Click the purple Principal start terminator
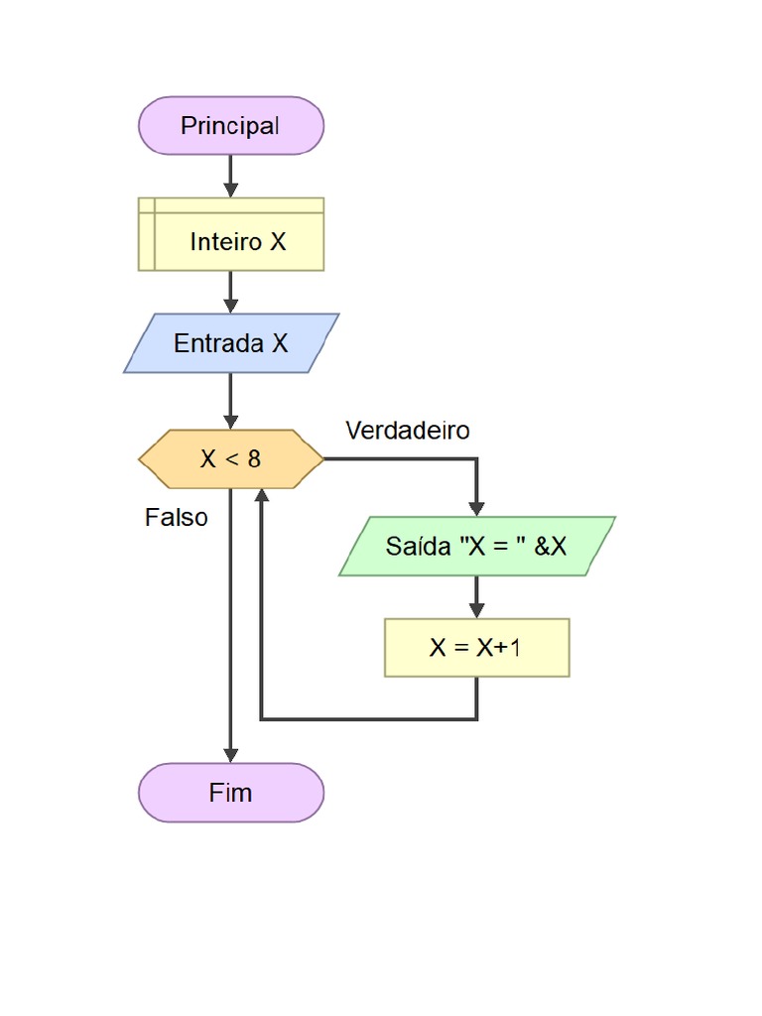point(231,126)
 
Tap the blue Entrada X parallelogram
point(231,343)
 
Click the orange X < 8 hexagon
point(231,459)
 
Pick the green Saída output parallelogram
point(477,546)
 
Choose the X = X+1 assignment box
point(477,648)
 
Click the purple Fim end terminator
point(231,793)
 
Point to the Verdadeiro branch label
point(408,431)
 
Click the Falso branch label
point(177,517)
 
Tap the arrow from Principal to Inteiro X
point(231,177)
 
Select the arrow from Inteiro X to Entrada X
point(231,293)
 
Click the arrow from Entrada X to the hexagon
point(231,402)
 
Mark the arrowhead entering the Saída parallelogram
point(477,507)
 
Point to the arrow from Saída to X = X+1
point(477,597)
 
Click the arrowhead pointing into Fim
point(231,754)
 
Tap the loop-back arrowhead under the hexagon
point(261,497)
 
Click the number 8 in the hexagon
point(254,459)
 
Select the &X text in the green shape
point(551,546)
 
